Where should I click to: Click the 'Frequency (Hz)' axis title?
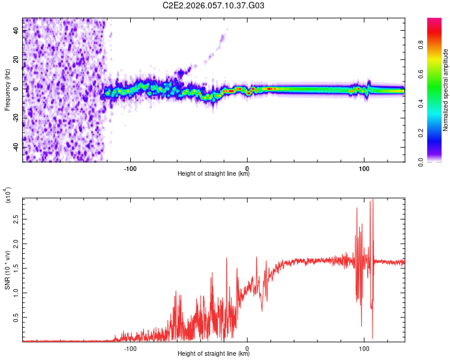(7, 90)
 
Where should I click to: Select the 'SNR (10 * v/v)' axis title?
(7, 269)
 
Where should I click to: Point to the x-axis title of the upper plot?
(214, 174)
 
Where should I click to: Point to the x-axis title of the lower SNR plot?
(214, 354)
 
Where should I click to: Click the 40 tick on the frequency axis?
(16, 31)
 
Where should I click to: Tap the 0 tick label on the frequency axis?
(16, 89)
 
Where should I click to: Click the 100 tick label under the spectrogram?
(364, 168)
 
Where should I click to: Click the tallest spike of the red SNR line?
(372, 200)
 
